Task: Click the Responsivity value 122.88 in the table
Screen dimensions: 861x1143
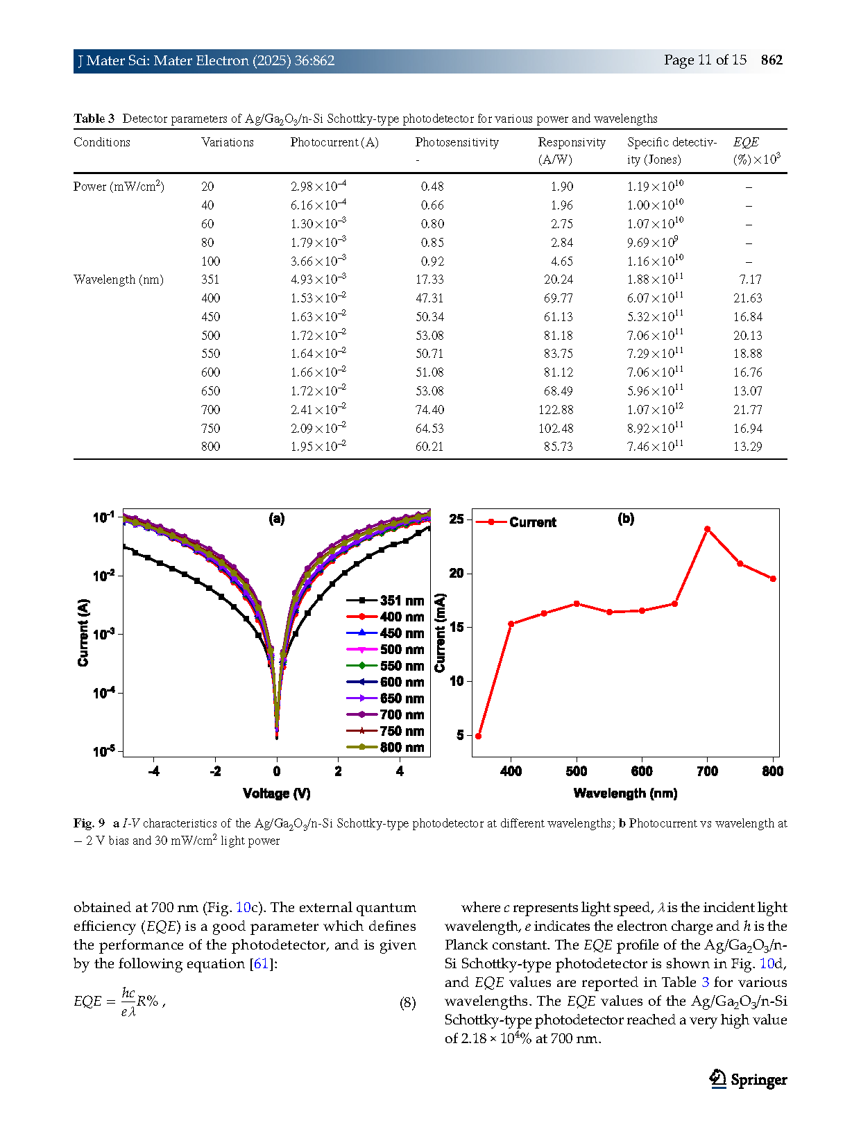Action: tap(555, 410)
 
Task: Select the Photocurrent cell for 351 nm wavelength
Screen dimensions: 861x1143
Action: tap(318, 279)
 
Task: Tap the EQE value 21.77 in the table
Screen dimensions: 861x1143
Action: tap(747, 410)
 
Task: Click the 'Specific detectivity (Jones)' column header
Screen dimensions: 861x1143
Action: tap(672, 151)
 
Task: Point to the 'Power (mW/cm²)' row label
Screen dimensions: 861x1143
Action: tap(119, 187)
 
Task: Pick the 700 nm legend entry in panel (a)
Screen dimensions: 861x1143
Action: tap(386, 714)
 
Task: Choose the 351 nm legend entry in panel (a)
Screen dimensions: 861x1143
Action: tap(386, 601)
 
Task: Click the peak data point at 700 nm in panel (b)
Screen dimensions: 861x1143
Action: tap(707, 529)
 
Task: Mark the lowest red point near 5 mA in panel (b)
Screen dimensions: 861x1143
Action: tap(478, 736)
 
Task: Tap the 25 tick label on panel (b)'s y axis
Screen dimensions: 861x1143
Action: tap(457, 519)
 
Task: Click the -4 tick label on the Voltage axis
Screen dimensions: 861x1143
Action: tap(153, 771)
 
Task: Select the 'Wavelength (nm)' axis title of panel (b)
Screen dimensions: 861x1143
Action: tap(625, 793)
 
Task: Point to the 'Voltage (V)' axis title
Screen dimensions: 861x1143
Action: tap(277, 793)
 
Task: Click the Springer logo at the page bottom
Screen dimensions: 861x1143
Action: tap(747, 1079)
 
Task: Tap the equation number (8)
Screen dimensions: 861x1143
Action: tap(407, 1002)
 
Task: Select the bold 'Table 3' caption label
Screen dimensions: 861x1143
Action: tap(94, 118)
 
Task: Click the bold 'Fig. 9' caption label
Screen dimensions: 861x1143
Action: tap(89, 823)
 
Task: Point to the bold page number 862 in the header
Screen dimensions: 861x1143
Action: tap(772, 60)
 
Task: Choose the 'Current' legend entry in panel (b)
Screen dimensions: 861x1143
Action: tap(516, 522)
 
